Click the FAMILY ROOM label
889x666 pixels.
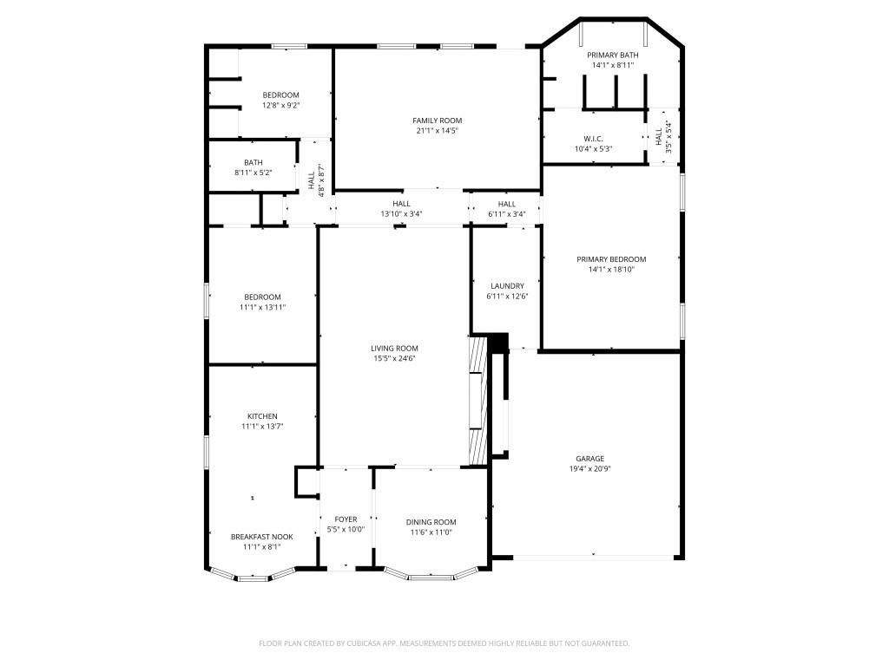437,121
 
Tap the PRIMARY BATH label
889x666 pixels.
612,55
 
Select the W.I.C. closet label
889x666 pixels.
593,139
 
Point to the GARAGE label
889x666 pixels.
589,459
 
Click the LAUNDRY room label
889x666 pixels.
507,286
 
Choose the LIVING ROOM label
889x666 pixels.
394,348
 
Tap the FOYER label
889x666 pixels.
346,519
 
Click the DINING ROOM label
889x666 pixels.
431,522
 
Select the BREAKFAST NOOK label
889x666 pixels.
261,537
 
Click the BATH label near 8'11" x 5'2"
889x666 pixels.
253,162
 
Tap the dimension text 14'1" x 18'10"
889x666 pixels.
611,270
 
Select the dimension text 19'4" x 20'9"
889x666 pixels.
589,469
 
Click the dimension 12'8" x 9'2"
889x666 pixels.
280,106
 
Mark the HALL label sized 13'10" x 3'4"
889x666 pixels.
400,204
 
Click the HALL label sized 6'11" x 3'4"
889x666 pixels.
507,204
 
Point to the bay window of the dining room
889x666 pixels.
431,574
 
